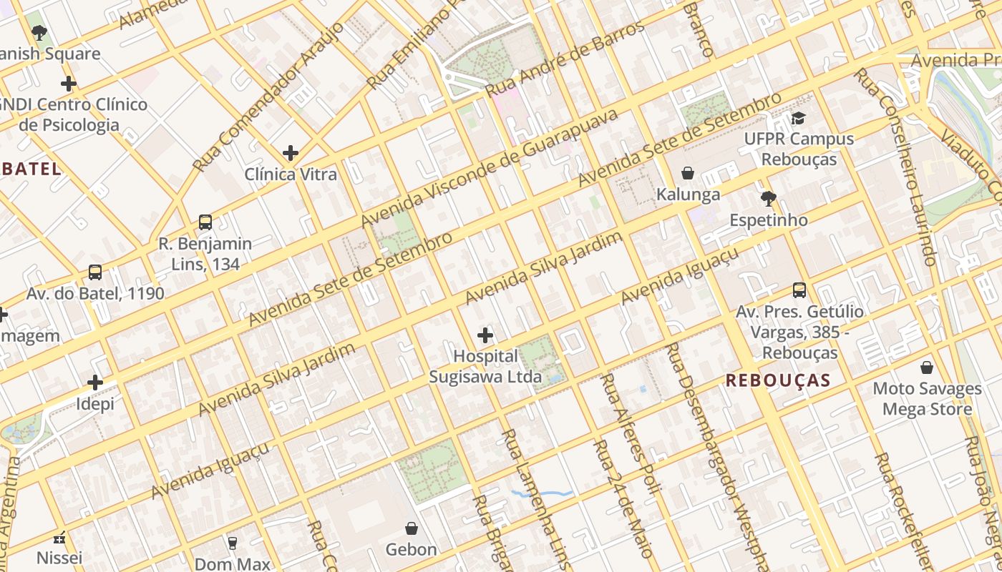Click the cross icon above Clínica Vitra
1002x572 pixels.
coord(291,153)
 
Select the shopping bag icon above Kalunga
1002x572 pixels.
coord(688,173)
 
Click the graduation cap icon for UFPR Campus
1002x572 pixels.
coord(798,118)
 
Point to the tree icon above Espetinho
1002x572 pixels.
coord(769,198)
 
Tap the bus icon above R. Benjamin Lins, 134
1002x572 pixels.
coord(205,222)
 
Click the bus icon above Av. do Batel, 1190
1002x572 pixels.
coord(95,272)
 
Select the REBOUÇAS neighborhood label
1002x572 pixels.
coord(778,380)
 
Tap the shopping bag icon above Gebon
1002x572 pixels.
coord(412,528)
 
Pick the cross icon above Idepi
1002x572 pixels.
coord(95,383)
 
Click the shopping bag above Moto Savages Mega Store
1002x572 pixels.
coord(927,368)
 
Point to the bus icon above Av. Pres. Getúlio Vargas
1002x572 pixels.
coord(799,290)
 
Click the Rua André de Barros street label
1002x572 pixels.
coord(565,60)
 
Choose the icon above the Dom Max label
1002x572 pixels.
coord(232,543)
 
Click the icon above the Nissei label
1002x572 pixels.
coord(60,538)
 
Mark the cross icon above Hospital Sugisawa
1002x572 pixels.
coord(485,335)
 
